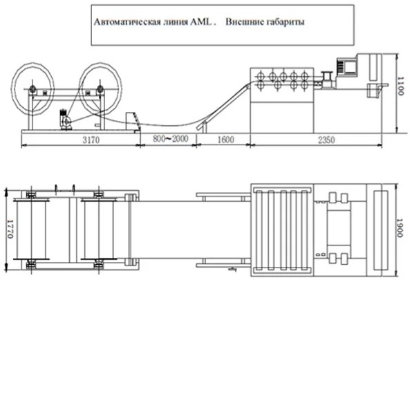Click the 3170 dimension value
tap(91, 140)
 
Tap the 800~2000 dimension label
tap(171, 138)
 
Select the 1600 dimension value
tap(226, 140)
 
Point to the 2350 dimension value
tap(326, 140)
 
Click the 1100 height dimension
tap(400, 86)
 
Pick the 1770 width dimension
tap(10, 229)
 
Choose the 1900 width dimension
tap(400, 228)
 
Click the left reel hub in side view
tap(32, 89)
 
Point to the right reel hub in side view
tap(100, 89)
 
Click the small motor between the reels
tap(66, 120)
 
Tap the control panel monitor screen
tap(350, 67)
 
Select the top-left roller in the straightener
tap(261, 76)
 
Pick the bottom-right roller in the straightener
tap(304, 85)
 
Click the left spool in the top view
tap(31, 229)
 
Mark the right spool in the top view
tap(99, 229)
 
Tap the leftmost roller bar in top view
tap(259, 230)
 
